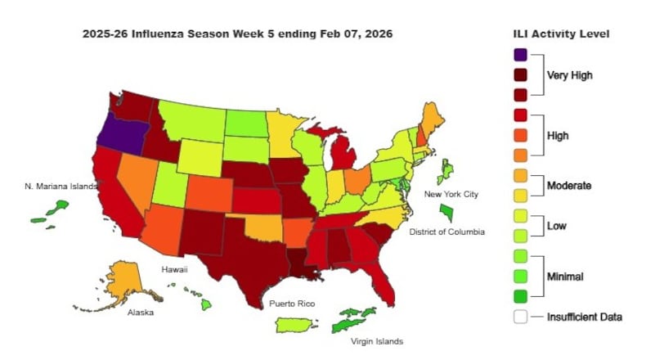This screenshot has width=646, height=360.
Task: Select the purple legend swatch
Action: (x=520, y=55)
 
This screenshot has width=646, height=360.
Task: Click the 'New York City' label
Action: (x=451, y=194)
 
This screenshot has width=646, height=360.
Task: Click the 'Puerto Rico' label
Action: (x=292, y=304)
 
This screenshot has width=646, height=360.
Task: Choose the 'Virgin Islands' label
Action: (x=376, y=341)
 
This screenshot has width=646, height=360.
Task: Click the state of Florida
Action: (x=383, y=283)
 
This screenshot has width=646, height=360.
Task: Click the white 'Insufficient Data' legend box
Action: (x=520, y=317)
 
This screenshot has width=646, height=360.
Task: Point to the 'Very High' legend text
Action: (x=570, y=75)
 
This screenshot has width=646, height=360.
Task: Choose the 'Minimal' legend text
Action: (x=565, y=277)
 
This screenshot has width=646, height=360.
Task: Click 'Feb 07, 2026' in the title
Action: (x=352, y=34)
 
